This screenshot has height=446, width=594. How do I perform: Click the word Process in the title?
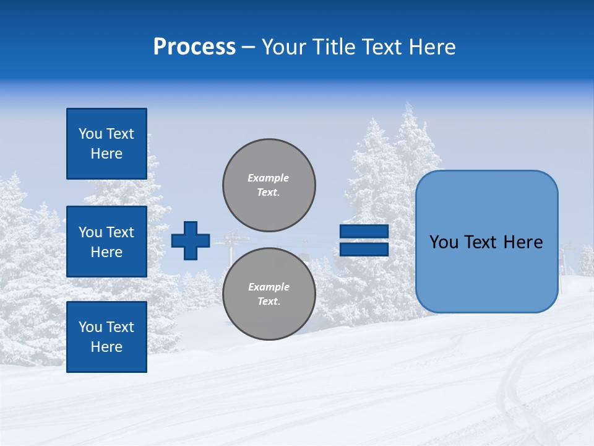tap(194, 47)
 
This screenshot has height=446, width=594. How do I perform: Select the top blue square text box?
tap(106, 144)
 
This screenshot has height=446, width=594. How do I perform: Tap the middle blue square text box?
tap(106, 242)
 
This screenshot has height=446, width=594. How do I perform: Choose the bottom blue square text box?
tap(106, 337)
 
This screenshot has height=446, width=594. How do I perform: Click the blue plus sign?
tap(191, 240)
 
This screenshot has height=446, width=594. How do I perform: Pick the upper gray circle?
tap(269, 185)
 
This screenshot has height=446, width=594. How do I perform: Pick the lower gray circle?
tap(269, 294)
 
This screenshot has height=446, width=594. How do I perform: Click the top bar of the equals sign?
tap(364, 231)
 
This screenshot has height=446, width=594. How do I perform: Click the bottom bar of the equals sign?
tap(364, 249)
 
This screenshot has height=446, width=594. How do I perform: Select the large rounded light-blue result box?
tap(486, 242)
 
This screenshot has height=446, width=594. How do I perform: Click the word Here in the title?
tap(433, 47)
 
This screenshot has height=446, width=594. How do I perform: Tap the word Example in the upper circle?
tap(269, 178)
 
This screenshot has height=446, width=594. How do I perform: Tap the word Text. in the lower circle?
tap(269, 302)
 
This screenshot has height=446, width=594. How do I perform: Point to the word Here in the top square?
tap(106, 154)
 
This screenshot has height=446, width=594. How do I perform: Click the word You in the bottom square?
tap(90, 327)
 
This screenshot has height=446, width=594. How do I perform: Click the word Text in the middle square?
tap(120, 232)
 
